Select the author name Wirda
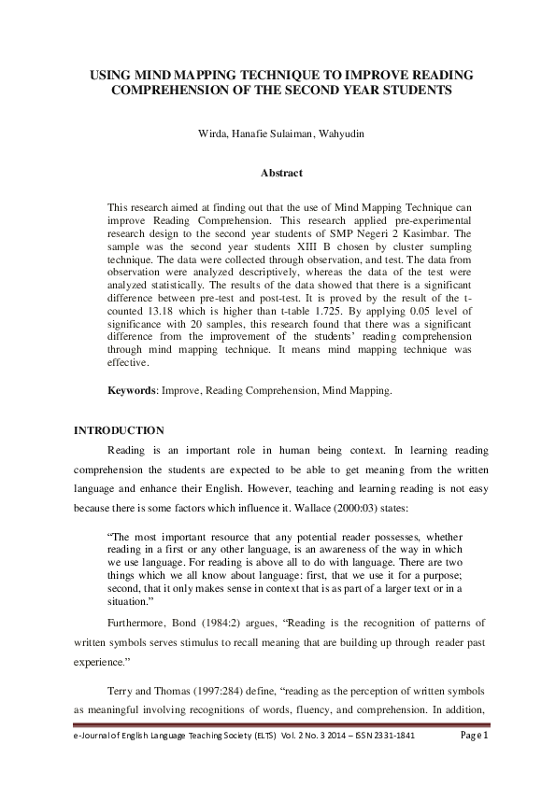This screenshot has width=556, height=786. (x=212, y=134)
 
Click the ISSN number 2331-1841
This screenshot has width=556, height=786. (x=389, y=762)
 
